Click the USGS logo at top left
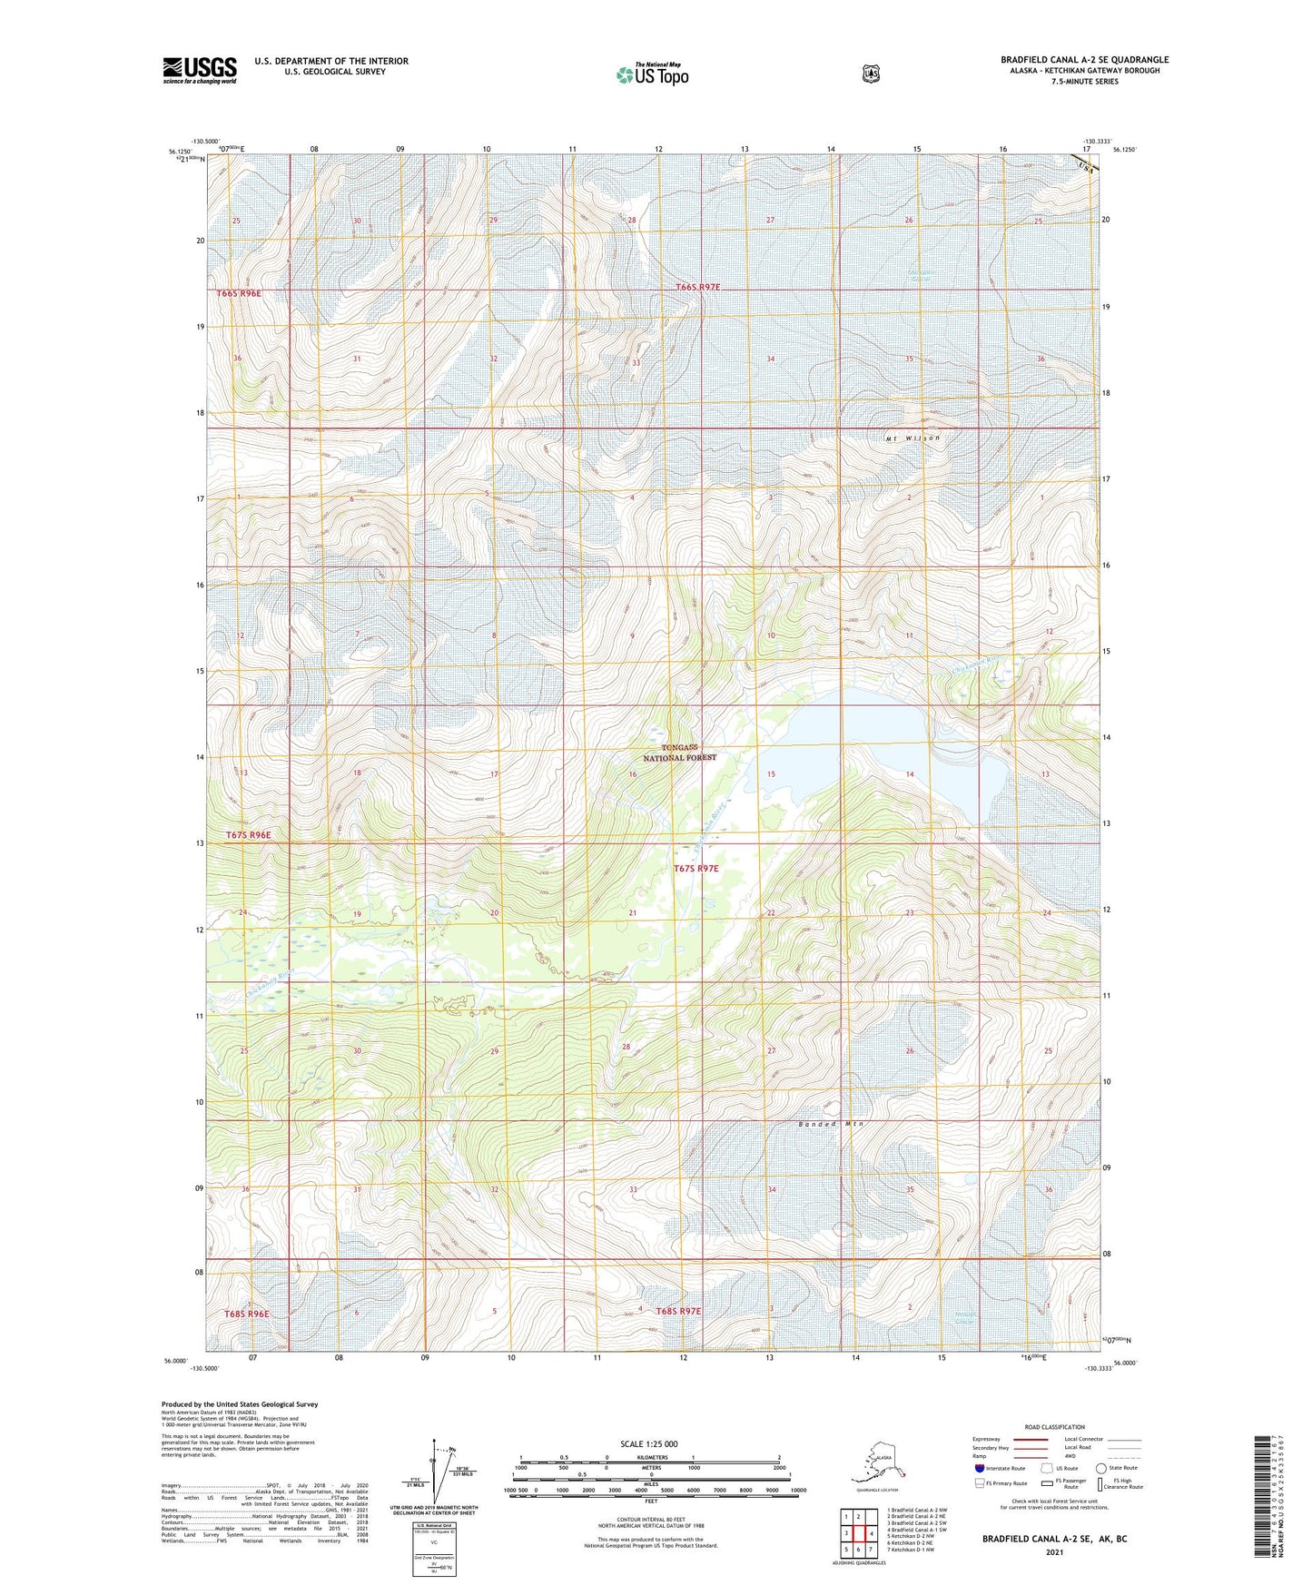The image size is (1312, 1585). [199, 70]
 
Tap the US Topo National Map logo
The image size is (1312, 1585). [652, 74]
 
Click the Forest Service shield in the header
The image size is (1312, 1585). [870, 74]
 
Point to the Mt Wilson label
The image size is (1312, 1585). [912, 438]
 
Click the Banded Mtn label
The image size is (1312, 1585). [831, 1124]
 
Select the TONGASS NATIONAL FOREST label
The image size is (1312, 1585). [680, 752]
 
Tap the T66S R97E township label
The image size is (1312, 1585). [698, 287]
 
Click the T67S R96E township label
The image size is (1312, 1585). [248, 834]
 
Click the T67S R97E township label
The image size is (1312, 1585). [695, 869]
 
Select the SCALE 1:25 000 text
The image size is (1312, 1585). [648, 1444]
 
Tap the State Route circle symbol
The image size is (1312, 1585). [1100, 1468]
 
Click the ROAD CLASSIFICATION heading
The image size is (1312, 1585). [1054, 1427]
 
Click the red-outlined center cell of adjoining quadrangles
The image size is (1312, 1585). [858, 1532]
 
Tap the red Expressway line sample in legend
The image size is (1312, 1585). [1031, 1439]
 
